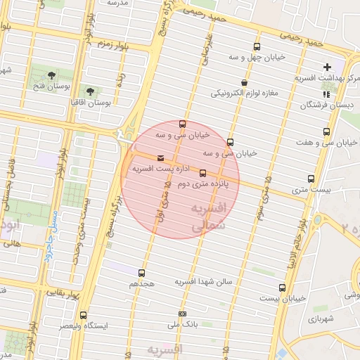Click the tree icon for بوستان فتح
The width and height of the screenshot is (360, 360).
click(x=51, y=75)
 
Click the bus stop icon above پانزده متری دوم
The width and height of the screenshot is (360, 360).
click(x=203, y=172)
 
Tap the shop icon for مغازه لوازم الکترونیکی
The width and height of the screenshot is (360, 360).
click(x=244, y=82)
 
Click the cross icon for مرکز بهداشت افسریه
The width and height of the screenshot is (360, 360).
click(x=328, y=67)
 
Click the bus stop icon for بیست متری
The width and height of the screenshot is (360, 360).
click(x=311, y=179)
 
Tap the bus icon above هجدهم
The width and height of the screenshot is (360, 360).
click(x=142, y=273)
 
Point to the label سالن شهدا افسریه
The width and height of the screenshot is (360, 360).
click(x=209, y=281)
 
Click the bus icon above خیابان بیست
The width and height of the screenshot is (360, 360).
click(x=282, y=288)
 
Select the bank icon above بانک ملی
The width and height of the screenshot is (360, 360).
click(x=183, y=314)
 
